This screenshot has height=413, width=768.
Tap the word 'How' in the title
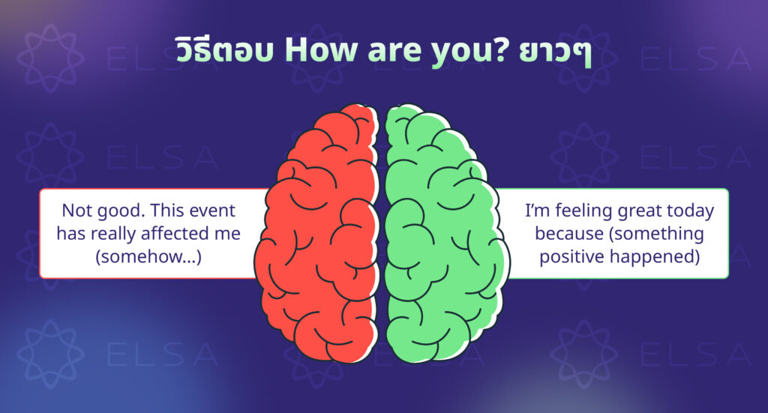[x=321, y=50]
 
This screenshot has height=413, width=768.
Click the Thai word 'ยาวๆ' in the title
[x=555, y=52]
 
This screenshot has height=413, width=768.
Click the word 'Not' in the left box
[x=76, y=211]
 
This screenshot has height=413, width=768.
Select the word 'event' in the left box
[x=212, y=211]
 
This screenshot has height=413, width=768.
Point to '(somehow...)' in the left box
[x=148, y=256]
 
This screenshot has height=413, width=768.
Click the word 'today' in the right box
[x=690, y=211]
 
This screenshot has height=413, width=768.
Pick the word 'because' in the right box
[x=569, y=233]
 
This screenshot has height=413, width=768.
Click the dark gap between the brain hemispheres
[x=382, y=235]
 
